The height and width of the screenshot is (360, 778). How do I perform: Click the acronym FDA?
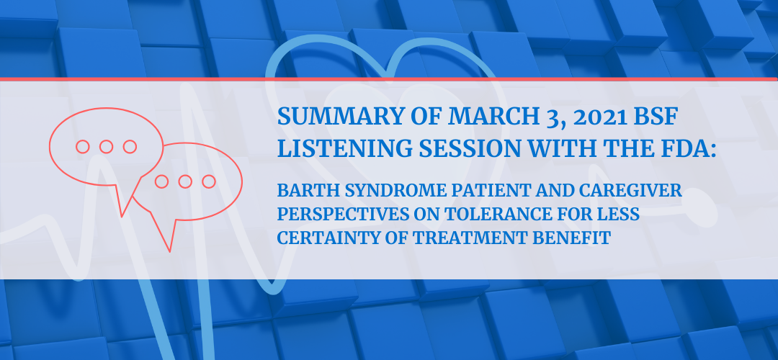[689, 148]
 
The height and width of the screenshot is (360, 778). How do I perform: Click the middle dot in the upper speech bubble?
[106, 146]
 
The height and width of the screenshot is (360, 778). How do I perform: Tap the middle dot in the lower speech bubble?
[185, 181]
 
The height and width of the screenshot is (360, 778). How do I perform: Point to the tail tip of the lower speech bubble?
[170, 251]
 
